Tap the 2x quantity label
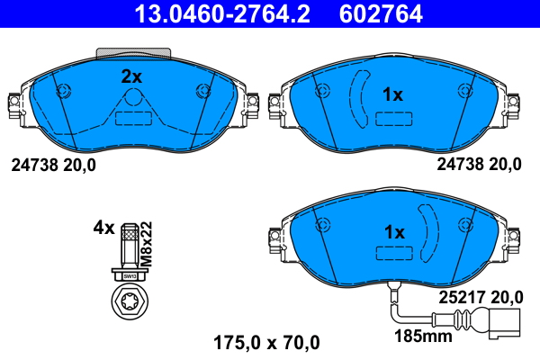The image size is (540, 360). point(132,77)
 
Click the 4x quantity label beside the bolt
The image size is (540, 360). point(104,228)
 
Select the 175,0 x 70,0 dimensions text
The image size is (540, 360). point(266,342)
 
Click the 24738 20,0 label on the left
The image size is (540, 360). point(53,165)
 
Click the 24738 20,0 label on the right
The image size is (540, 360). point(479,165)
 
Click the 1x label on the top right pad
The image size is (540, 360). point(392,94)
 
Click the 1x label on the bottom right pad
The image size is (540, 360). point(394,232)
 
